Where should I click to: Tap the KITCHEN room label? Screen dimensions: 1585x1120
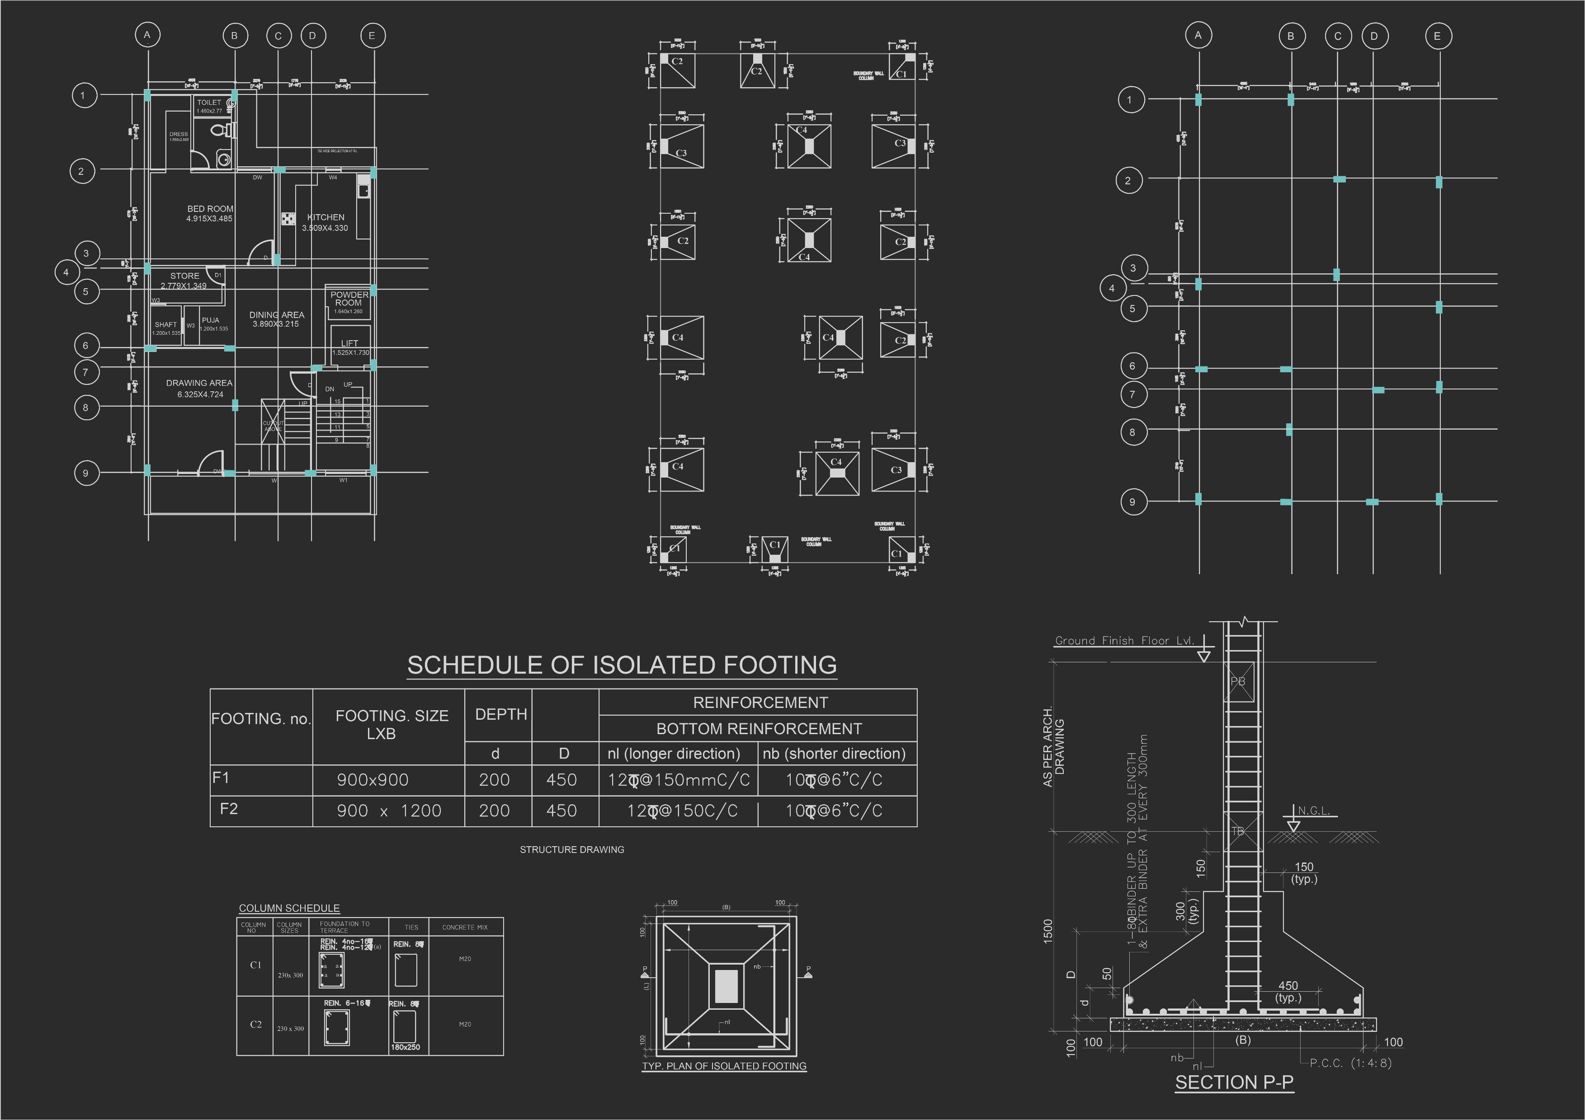pos(326,217)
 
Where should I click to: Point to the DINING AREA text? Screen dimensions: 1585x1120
pos(277,315)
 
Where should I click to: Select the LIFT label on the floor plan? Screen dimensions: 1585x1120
pos(349,343)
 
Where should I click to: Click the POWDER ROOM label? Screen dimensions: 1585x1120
pos(349,299)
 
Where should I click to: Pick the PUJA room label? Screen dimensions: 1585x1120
pos(211,320)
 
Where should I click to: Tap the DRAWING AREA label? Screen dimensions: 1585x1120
pos(199,383)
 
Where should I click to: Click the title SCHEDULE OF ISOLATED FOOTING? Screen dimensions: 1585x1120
pos(622,665)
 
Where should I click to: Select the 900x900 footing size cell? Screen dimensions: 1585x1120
pos(373,780)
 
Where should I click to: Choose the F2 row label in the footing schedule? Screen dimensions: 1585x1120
pos(228,809)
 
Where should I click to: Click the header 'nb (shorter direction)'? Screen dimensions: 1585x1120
pos(834,754)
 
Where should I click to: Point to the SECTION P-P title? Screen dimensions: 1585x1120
pos(1234,1082)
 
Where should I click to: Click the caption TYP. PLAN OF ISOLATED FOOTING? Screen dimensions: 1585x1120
pos(724,1066)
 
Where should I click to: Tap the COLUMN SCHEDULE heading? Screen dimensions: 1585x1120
pos(289,908)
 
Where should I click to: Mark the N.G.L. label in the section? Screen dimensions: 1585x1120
pos(1314,811)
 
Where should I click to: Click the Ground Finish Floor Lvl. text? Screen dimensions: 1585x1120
pos(1124,640)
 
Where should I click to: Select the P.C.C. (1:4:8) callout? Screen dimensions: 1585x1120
pos(1350,1063)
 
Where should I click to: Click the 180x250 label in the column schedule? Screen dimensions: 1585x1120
pos(405,1047)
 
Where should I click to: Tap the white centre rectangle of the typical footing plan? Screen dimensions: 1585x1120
pos(726,985)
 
